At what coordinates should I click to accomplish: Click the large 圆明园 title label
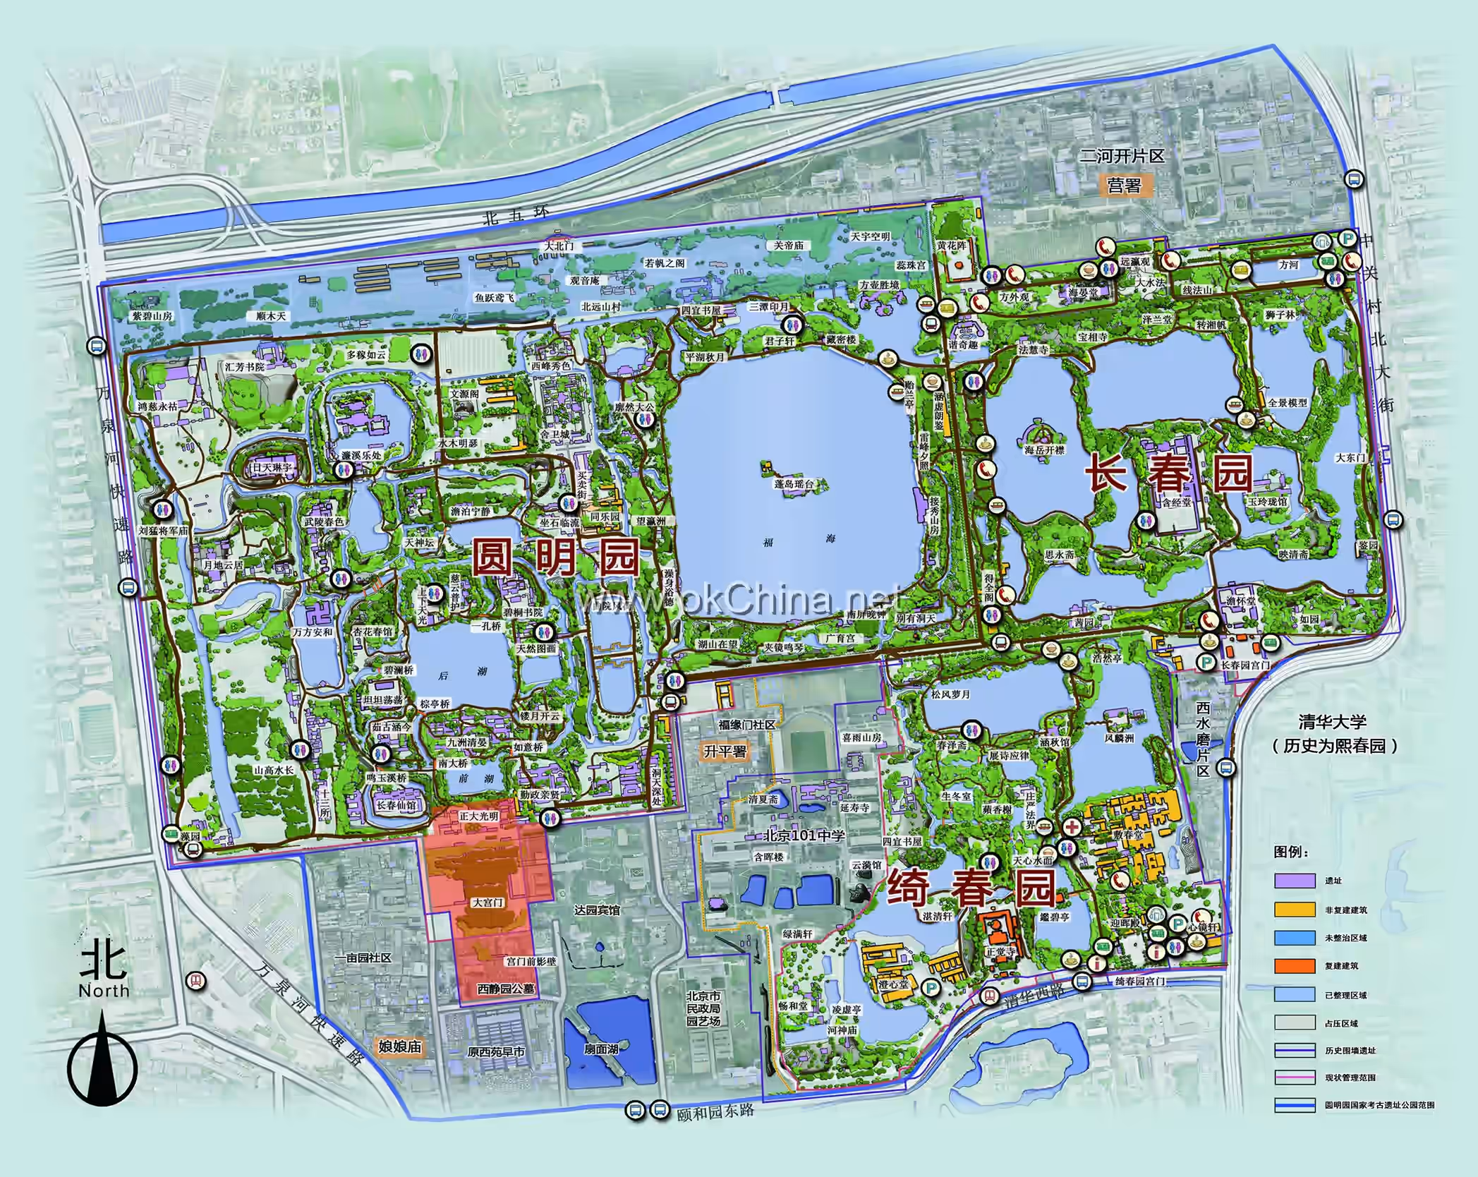point(555,557)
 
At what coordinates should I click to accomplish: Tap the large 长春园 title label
point(1168,472)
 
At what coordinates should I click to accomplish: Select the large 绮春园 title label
point(971,888)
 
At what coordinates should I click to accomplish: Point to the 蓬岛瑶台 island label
point(794,484)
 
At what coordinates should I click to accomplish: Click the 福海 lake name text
point(799,539)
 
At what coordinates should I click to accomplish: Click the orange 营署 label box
point(1124,186)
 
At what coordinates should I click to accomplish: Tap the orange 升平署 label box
point(725,752)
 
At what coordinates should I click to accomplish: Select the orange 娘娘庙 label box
point(399,1046)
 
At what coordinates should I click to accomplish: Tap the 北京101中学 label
point(804,835)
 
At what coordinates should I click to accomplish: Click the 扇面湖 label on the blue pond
point(600,1049)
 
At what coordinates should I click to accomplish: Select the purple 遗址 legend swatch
point(1295,880)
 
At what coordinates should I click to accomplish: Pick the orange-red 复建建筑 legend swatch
point(1295,966)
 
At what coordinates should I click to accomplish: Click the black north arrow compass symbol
point(103,1073)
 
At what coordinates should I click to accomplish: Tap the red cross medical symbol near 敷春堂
point(1072,827)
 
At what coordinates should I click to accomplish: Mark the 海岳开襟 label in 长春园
point(1046,450)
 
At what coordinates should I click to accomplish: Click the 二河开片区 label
point(1121,156)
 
